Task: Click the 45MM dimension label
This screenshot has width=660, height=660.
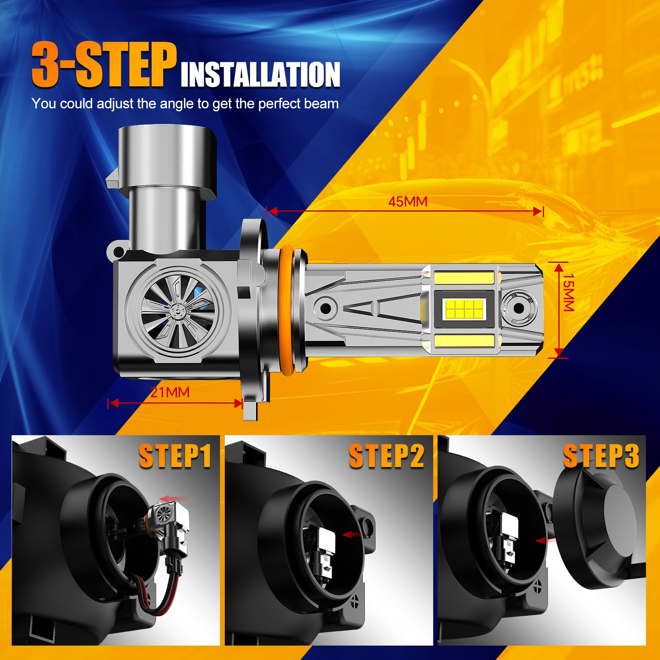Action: [x=408, y=202]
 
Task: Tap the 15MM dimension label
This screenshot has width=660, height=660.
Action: [x=568, y=292]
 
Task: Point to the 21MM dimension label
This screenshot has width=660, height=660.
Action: [x=170, y=392]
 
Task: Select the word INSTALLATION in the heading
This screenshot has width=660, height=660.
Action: [x=260, y=74]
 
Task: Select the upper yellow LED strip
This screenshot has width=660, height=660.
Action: [x=464, y=277]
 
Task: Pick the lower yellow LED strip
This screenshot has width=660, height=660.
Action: [x=464, y=341]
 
